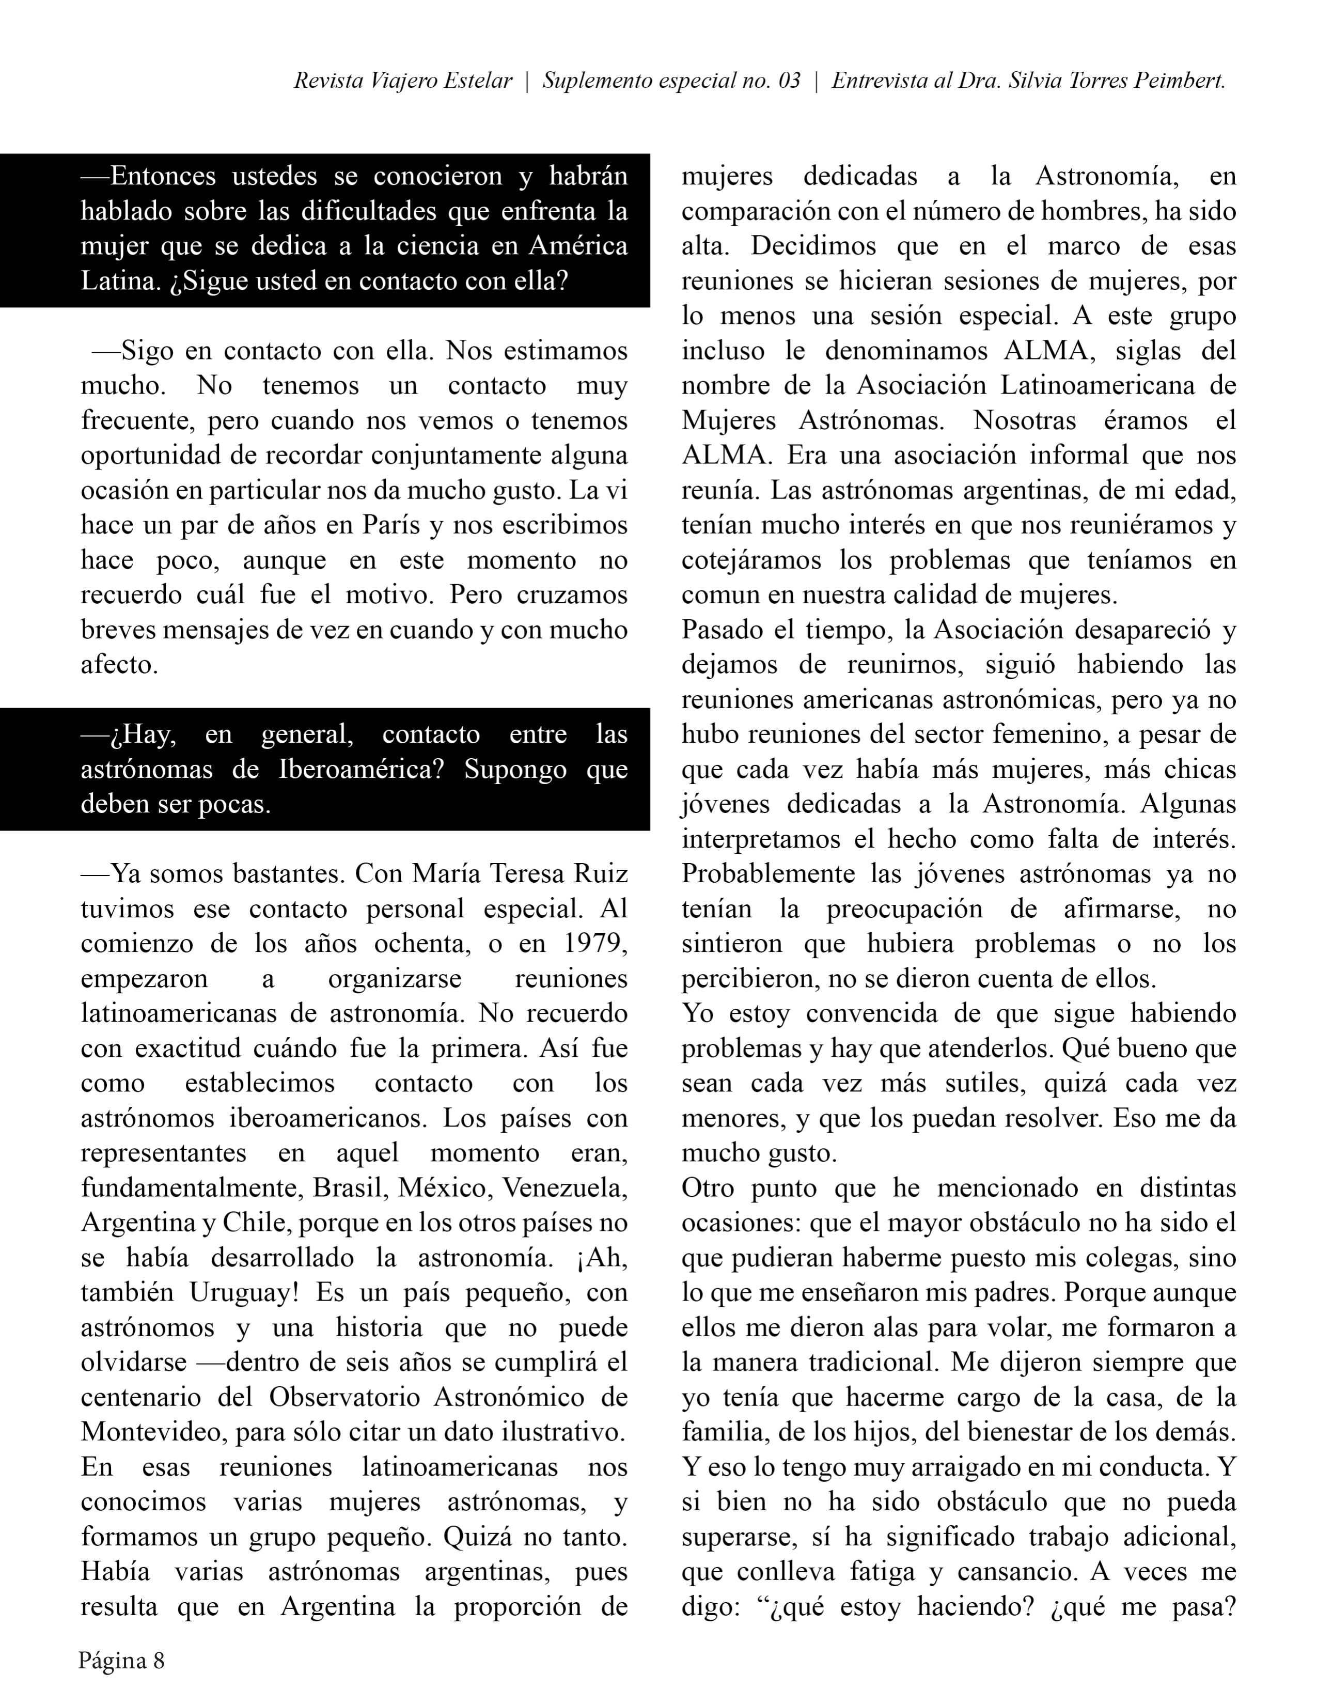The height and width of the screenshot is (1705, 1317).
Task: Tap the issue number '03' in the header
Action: (x=789, y=81)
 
